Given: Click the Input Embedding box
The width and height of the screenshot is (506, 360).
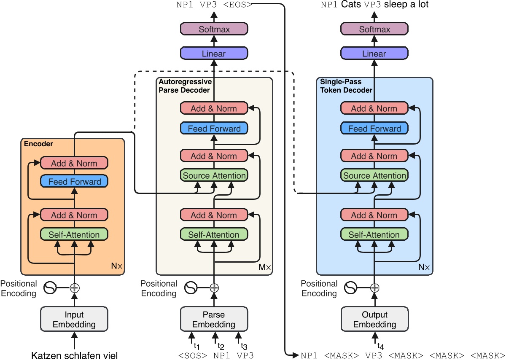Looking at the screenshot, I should click(74, 320).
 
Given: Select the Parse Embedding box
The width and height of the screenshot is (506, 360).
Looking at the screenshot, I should click(214, 320).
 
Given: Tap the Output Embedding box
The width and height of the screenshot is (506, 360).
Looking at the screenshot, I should click(374, 320).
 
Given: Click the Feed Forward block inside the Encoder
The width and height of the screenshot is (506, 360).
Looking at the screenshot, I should click(74, 182).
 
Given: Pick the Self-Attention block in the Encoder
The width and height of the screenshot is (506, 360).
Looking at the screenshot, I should click(74, 235).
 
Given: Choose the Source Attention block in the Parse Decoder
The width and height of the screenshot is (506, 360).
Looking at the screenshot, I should click(214, 175).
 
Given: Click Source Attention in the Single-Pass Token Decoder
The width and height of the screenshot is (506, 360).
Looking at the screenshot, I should click(374, 175).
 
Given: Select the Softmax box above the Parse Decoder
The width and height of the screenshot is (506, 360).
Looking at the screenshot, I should click(214, 30).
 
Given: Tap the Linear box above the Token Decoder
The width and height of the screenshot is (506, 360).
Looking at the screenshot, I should click(374, 54).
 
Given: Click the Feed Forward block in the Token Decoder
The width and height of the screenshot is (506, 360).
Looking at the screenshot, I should click(374, 129).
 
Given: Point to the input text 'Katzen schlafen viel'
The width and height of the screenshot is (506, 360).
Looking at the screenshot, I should click(75, 355).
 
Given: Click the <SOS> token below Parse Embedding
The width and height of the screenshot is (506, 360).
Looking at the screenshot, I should click(192, 355).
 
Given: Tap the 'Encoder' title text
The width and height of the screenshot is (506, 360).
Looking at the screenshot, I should click(38, 144).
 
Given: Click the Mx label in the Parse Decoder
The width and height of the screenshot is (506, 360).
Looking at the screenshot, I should click(265, 267).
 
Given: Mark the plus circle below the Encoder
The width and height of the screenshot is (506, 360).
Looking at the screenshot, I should click(75, 288).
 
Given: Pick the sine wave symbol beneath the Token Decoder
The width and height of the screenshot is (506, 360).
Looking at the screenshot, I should click(351, 288).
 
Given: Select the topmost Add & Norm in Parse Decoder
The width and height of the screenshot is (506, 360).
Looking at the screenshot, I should click(214, 108).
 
